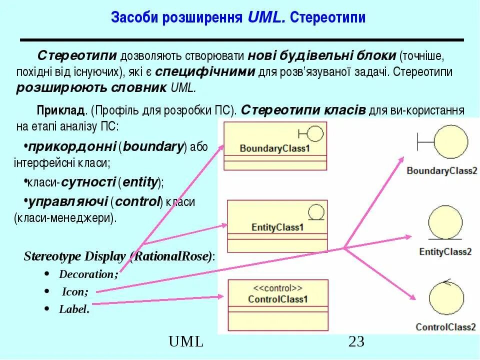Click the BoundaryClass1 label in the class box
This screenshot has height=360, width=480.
pyautogui.click(x=275, y=148)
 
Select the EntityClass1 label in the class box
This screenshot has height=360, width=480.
pyautogui.click(x=277, y=227)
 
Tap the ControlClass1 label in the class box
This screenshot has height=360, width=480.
pyautogui.click(x=278, y=299)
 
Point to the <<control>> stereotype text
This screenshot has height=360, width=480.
pyautogui.click(x=277, y=288)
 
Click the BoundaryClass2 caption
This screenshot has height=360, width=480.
pyautogui.click(x=442, y=171)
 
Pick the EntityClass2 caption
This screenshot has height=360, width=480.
pyautogui.click(x=445, y=251)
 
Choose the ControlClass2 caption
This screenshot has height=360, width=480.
pyautogui.click(x=445, y=327)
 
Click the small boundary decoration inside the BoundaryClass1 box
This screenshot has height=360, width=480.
pyautogui.click(x=309, y=133)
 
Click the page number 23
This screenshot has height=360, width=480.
pyautogui.click(x=356, y=342)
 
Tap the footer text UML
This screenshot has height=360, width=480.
pyautogui.click(x=186, y=342)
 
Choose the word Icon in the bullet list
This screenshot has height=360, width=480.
pyautogui.click(x=75, y=291)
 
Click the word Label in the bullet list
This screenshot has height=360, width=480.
pyautogui.click(x=73, y=309)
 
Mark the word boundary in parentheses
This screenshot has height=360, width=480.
pyautogui.click(x=153, y=147)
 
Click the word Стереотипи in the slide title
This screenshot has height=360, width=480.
pyautogui.click(x=328, y=18)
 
